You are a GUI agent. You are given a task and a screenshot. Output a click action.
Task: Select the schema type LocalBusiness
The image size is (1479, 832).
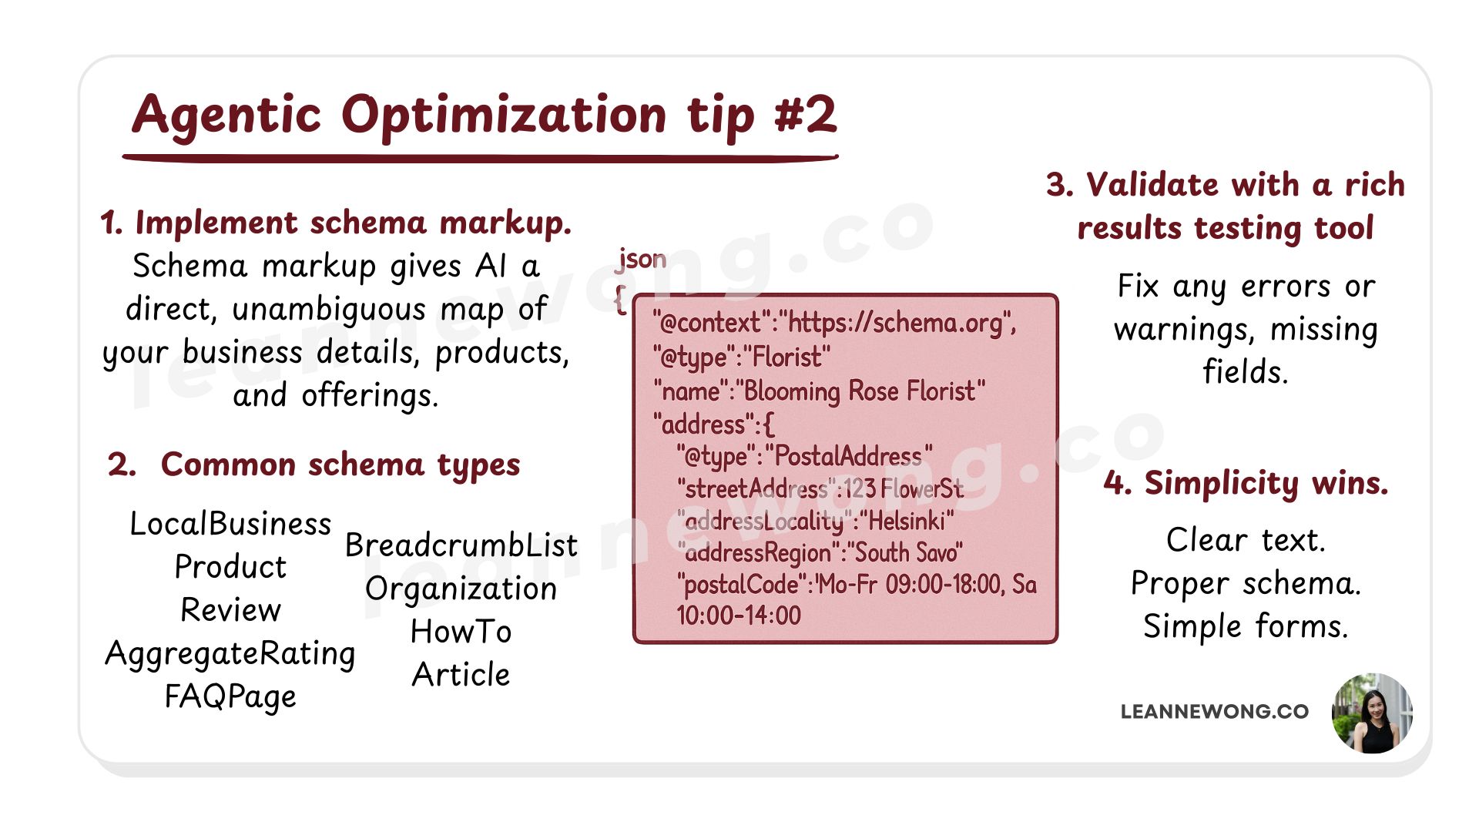(x=230, y=524)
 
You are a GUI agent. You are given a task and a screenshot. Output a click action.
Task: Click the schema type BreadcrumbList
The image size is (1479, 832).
(x=461, y=545)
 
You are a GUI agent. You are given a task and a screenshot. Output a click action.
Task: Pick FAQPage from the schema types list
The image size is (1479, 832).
(x=230, y=696)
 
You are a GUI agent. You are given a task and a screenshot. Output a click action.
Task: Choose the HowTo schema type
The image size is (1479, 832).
(x=461, y=632)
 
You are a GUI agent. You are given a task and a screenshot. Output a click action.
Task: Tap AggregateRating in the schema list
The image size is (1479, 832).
(x=230, y=653)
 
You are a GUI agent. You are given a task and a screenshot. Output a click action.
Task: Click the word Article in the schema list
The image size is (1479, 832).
(x=461, y=675)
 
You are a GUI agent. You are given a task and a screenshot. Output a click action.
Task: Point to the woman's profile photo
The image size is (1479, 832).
(x=1372, y=713)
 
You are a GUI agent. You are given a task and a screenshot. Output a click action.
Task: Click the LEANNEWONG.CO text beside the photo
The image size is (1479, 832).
(x=1214, y=712)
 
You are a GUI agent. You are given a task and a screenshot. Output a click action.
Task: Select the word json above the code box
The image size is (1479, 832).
(x=642, y=260)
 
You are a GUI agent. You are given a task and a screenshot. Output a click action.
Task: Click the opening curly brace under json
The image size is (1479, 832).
(x=620, y=299)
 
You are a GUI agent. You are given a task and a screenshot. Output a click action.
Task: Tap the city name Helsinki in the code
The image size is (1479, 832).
(x=910, y=522)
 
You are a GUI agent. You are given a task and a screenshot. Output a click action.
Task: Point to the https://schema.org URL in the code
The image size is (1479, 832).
(x=897, y=323)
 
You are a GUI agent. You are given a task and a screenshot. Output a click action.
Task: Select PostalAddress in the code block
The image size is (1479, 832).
(x=847, y=457)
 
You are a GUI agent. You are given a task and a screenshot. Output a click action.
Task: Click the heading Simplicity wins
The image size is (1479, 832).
(x=1246, y=483)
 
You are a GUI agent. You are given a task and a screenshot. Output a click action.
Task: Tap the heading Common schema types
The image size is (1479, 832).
(x=340, y=465)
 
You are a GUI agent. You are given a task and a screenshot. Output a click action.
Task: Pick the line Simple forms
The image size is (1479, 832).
(x=1246, y=626)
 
